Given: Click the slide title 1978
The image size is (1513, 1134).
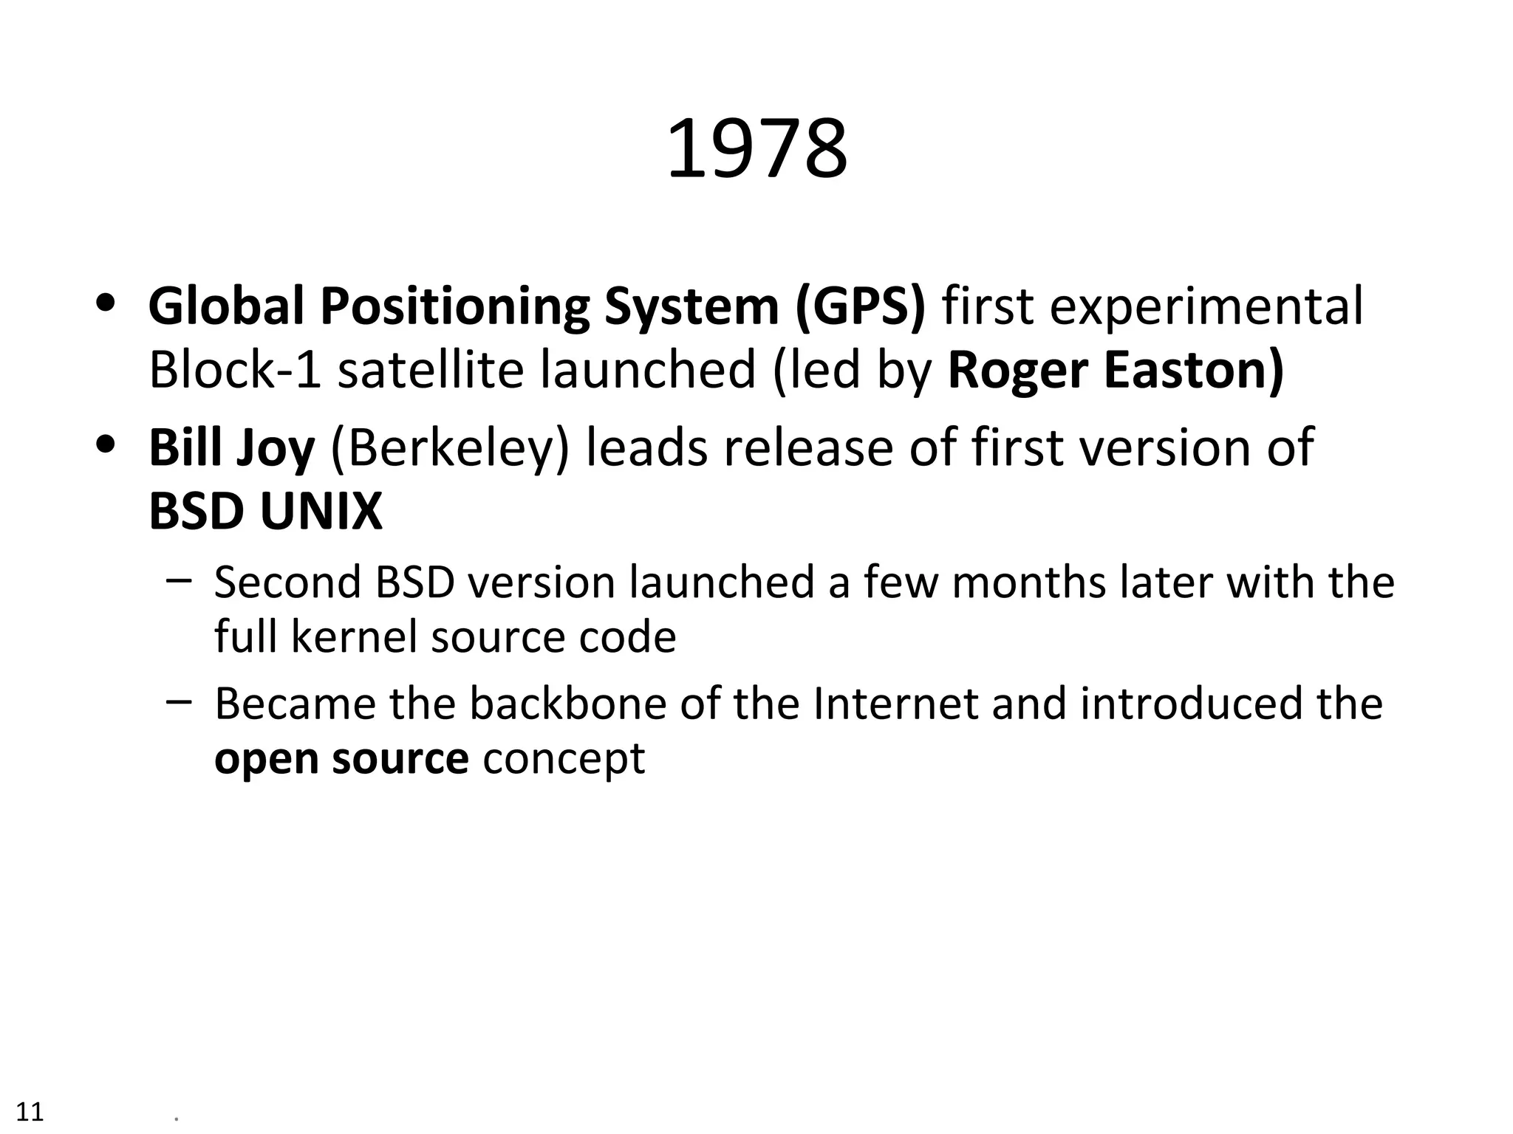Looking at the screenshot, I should (756, 149).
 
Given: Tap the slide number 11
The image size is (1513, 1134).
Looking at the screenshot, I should (30, 1111).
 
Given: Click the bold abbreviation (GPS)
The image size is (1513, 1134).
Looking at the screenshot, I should (860, 306).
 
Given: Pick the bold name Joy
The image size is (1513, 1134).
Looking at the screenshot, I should (275, 449).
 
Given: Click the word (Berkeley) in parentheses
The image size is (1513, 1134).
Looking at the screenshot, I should (450, 447).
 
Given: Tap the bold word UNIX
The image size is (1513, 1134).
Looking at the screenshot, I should (321, 511).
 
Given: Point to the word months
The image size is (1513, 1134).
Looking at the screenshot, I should (1028, 582).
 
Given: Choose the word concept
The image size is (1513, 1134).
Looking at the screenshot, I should (564, 758).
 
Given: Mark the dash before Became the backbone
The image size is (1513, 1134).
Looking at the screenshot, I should (179, 701).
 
